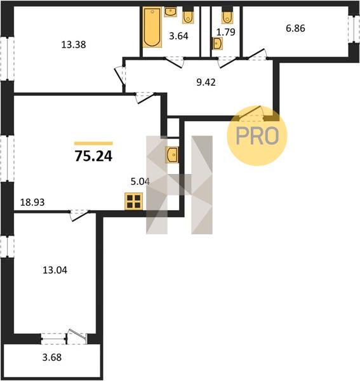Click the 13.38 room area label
(x=74, y=45)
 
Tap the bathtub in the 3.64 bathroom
(x=152, y=27)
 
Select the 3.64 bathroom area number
(x=179, y=36)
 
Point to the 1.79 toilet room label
(x=225, y=32)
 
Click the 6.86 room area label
(x=295, y=29)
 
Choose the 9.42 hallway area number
(x=206, y=83)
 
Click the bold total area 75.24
(x=93, y=156)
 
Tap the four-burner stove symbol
(x=133, y=201)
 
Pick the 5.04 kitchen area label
(x=140, y=182)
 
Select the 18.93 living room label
(x=32, y=202)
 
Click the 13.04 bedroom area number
(x=55, y=271)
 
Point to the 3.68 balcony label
(x=52, y=358)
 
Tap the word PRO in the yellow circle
(x=257, y=136)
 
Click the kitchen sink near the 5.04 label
(x=171, y=154)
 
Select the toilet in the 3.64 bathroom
(x=188, y=15)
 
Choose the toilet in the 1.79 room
(x=227, y=15)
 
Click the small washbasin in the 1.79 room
(x=217, y=43)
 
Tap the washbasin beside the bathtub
(x=171, y=12)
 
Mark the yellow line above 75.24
(x=93, y=144)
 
